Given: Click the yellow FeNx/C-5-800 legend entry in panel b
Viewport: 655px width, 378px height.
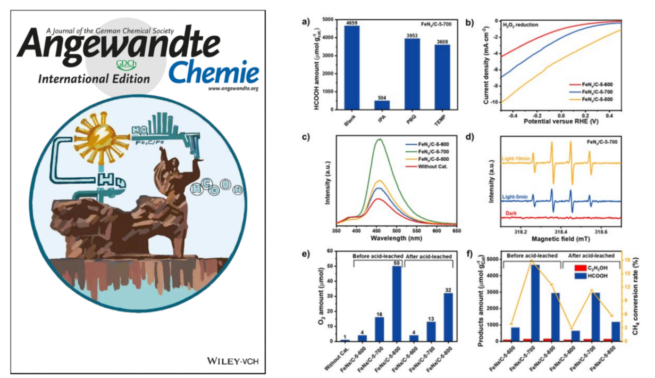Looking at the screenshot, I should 615,100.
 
